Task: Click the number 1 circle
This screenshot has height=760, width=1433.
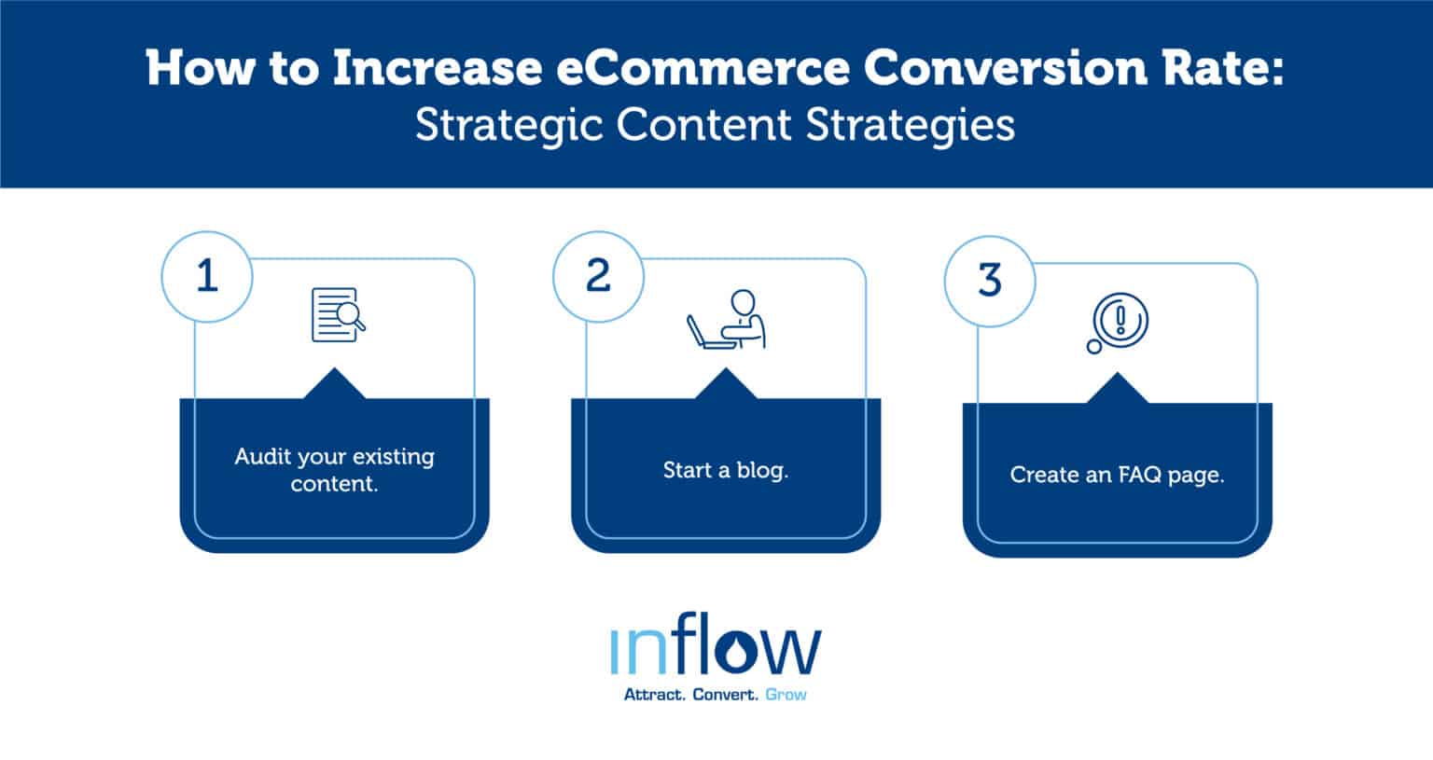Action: coord(207,277)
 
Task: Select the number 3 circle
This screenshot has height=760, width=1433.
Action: coord(989,281)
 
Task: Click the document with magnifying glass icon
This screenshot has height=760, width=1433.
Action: coord(337,314)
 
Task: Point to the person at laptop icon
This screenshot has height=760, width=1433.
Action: coord(727,320)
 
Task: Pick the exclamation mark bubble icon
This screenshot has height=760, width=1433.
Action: coord(1117,324)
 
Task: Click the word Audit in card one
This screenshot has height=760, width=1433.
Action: coord(261,457)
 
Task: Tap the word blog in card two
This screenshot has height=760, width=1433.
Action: coord(761,470)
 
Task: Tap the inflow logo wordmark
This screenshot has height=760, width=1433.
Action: coord(716,649)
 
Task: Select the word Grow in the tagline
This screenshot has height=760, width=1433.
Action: coord(786,695)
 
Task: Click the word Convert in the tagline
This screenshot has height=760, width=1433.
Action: coord(725,695)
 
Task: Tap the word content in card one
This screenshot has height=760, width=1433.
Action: coord(334,484)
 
